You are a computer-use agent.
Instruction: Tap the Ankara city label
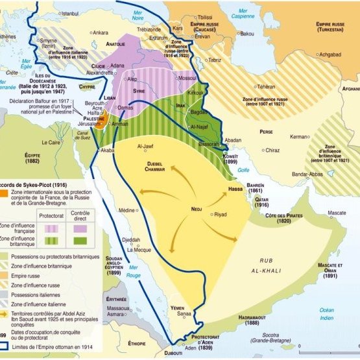[100, 32]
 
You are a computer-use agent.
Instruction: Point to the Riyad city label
[221, 213]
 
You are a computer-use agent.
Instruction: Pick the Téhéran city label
[266, 86]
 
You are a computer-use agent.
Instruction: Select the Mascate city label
[337, 213]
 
